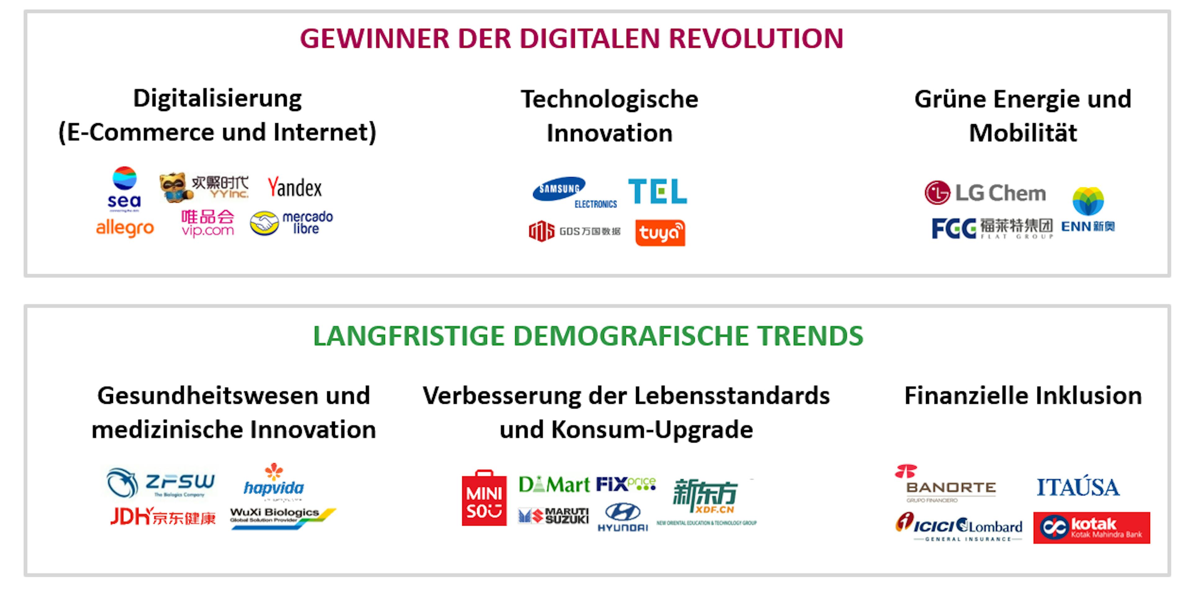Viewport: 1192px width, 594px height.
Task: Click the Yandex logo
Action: click(x=295, y=187)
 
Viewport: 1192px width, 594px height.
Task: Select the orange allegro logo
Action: click(x=124, y=227)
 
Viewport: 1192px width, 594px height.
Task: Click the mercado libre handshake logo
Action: click(x=291, y=223)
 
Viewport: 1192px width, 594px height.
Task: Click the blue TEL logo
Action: click(x=657, y=191)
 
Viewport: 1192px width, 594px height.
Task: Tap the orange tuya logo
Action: click(x=660, y=233)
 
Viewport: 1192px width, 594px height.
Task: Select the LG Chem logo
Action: click(x=985, y=192)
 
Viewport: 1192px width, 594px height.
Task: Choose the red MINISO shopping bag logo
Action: click(x=484, y=499)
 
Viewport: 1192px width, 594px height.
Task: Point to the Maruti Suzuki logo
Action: click(x=553, y=515)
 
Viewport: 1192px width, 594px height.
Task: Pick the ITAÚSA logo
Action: click(x=1078, y=487)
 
